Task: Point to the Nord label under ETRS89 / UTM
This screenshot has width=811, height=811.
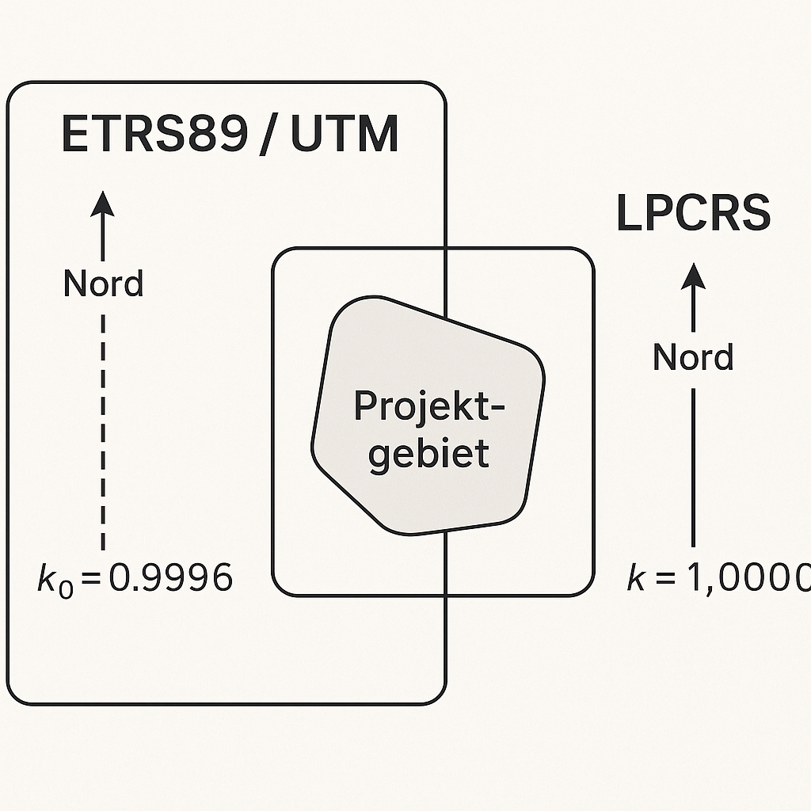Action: (104, 284)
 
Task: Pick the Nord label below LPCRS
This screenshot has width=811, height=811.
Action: (693, 357)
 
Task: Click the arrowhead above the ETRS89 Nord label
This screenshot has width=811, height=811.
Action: (103, 204)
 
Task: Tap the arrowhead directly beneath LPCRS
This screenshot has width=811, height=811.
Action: (694, 276)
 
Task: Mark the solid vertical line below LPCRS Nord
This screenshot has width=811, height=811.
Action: (694, 467)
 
